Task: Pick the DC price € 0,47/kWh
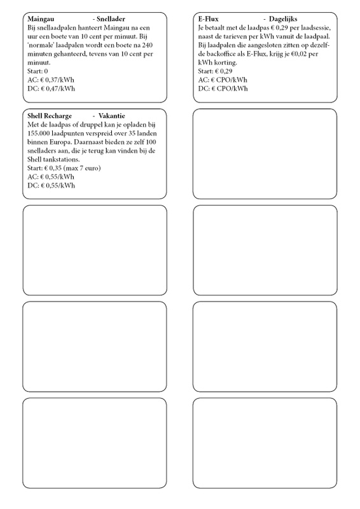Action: [52, 88]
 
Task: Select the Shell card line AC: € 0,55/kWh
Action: [52, 177]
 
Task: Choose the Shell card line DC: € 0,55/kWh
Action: [52, 185]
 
